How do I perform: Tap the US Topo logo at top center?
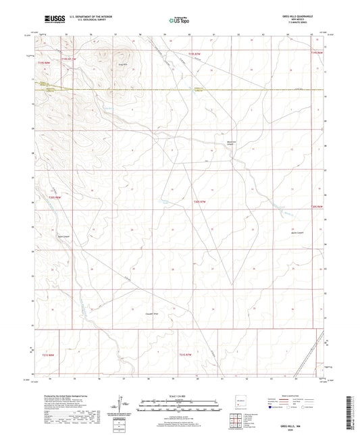click(x=178, y=20)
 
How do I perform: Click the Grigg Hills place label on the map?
click(x=124, y=64)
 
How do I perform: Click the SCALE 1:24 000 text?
click(x=180, y=396)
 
